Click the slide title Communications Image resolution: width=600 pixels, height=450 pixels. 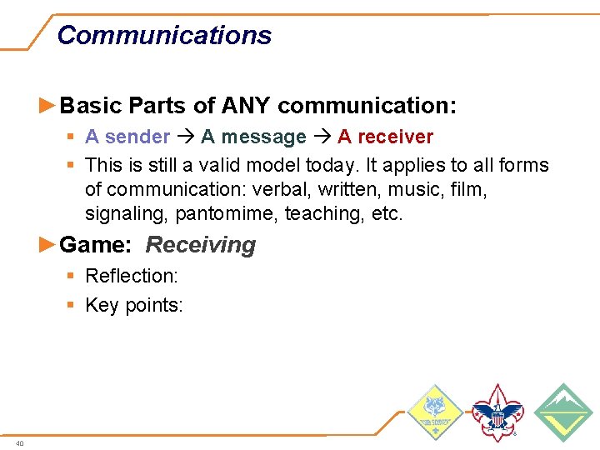click(x=164, y=35)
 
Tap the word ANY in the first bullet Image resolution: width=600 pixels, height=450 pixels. click(x=246, y=106)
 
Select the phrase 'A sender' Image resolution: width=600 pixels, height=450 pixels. click(x=127, y=137)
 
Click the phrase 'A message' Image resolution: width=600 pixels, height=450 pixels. click(x=253, y=137)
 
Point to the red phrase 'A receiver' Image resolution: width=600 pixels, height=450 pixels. click(x=385, y=137)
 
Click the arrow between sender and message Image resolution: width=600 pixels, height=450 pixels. click(x=185, y=137)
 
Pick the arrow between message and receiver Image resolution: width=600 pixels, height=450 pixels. click(x=322, y=137)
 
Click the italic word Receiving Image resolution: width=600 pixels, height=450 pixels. click(x=201, y=245)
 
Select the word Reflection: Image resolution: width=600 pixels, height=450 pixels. click(x=132, y=276)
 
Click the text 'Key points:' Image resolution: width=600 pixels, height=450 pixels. click(x=133, y=305)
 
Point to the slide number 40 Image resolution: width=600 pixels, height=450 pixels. click(x=19, y=443)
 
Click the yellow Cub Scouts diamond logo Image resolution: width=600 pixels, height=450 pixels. click(x=433, y=412)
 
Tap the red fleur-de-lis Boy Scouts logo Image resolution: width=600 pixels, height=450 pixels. click(x=497, y=412)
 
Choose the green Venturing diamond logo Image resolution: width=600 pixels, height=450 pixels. click(x=562, y=412)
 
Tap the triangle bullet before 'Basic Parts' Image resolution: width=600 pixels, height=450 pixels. click(x=49, y=106)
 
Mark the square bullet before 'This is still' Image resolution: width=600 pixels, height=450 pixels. click(x=73, y=165)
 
